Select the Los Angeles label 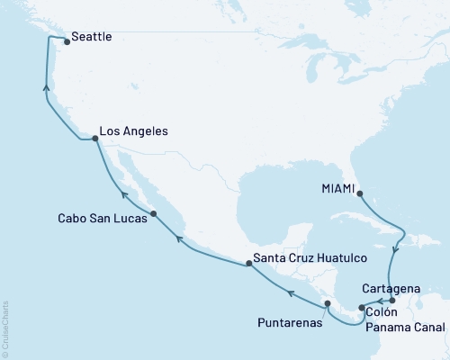(133, 130)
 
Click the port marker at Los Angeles (95, 139)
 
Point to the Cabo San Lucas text (98, 217)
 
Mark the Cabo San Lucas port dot (154, 213)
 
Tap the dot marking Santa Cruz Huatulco (249, 263)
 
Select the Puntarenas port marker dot (328, 303)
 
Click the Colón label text (383, 311)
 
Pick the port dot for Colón (361, 309)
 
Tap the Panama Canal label (407, 328)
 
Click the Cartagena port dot (391, 301)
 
